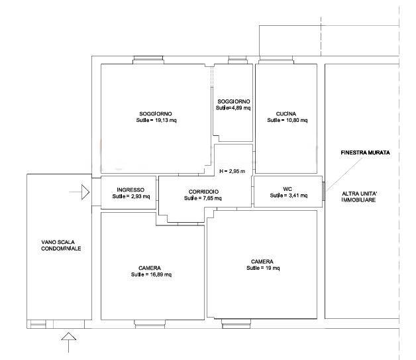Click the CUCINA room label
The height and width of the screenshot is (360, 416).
(x=286, y=114)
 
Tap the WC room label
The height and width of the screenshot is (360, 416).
(x=287, y=189)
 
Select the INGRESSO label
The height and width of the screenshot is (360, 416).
(x=130, y=190)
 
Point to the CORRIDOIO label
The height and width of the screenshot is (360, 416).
(x=203, y=192)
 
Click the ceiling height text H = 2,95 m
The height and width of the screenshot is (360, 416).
(x=232, y=171)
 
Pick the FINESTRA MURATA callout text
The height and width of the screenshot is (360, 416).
(x=366, y=152)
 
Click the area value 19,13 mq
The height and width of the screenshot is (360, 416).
(x=166, y=120)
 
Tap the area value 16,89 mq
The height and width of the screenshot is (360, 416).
(x=161, y=274)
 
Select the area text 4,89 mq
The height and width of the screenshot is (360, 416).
(x=241, y=108)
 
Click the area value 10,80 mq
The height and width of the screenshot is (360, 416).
(x=297, y=120)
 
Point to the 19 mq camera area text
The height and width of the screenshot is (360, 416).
(x=272, y=268)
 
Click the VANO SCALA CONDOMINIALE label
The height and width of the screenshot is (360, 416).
(x=61, y=245)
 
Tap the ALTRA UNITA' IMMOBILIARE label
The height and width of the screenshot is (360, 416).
(x=359, y=197)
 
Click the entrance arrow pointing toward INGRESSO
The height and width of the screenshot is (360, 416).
(x=79, y=192)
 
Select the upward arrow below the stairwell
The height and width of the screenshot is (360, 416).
(x=69, y=343)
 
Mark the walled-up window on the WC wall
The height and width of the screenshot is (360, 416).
(x=323, y=191)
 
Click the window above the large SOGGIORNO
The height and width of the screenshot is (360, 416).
(x=148, y=60)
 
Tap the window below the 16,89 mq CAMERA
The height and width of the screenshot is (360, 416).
(x=150, y=324)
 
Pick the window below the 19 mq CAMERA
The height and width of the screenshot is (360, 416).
(x=236, y=324)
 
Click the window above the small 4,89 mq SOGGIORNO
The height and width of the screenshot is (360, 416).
(x=237, y=60)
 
